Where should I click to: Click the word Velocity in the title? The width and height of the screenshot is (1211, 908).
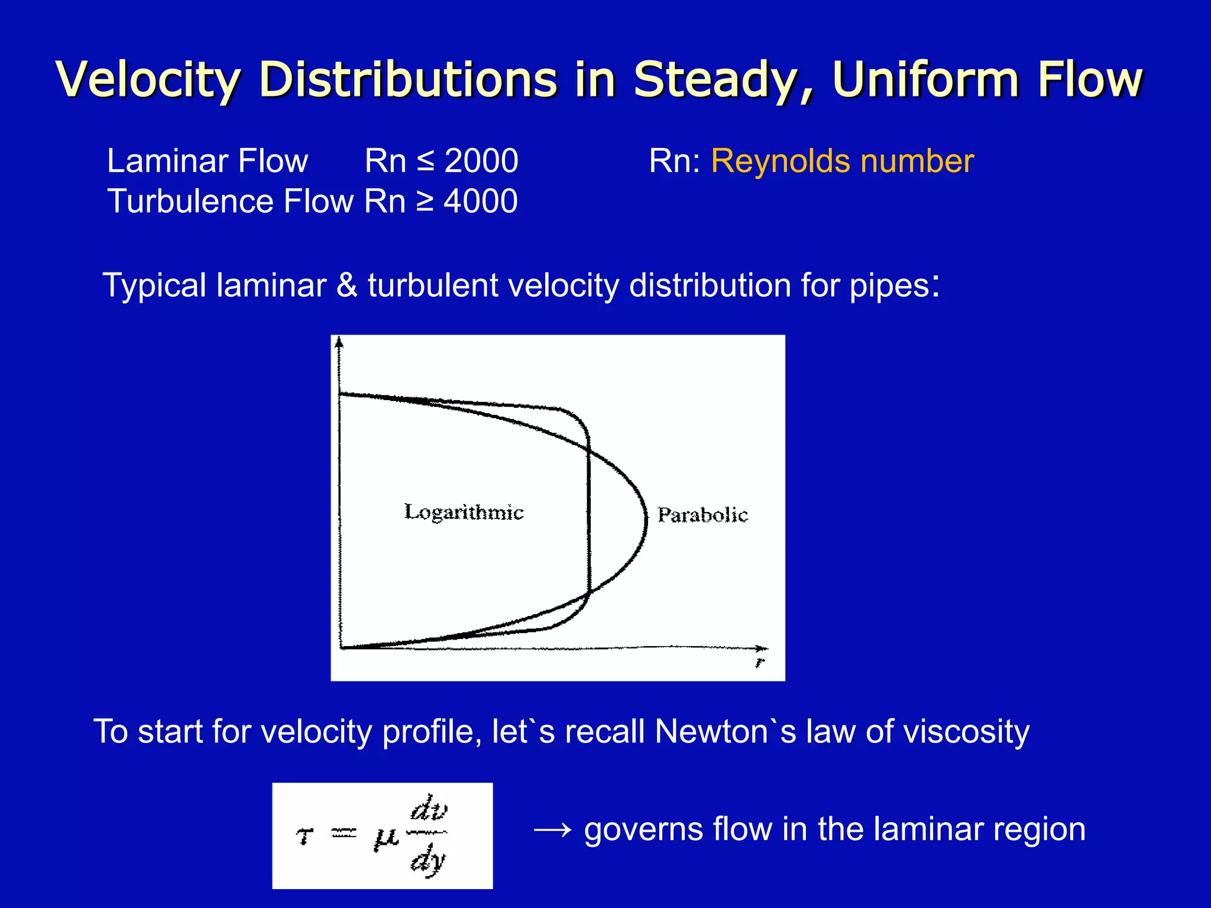tap(148, 80)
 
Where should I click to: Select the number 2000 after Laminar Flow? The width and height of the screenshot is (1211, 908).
tap(481, 161)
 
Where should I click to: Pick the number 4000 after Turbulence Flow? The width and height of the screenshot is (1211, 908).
tap(481, 201)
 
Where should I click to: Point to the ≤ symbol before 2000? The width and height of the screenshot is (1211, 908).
tap(425, 162)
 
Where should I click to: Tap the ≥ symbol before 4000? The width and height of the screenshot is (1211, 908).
tap(425, 202)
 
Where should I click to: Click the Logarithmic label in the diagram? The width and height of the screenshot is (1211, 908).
tap(464, 512)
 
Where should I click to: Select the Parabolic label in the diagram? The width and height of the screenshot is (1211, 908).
tap(702, 515)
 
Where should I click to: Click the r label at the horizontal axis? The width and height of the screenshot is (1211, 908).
tap(760, 663)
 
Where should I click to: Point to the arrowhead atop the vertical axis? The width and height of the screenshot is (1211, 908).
tap(339, 341)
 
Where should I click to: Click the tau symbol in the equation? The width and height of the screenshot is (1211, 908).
tap(305, 835)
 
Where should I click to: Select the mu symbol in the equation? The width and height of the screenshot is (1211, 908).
tap(386, 838)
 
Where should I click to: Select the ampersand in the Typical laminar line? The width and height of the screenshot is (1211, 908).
tap(347, 286)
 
